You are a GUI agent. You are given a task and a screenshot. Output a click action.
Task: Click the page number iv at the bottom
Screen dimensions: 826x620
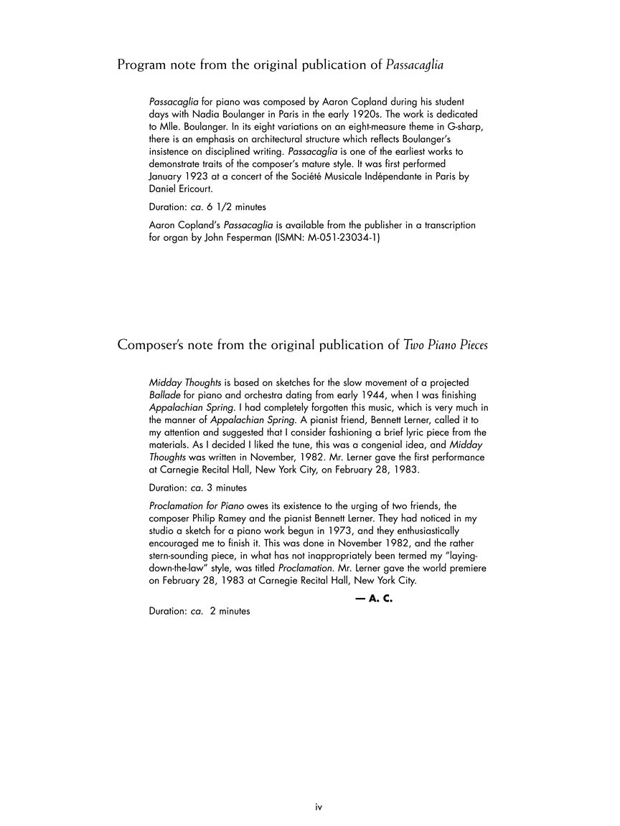pyautogui.click(x=319, y=807)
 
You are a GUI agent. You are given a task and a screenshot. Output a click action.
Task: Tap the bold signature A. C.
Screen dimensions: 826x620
pyautogui.click(x=373, y=599)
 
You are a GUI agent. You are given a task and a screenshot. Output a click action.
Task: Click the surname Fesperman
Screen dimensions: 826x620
pyautogui.click(x=244, y=237)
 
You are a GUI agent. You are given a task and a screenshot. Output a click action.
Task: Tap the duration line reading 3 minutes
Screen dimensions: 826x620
pyautogui.click(x=197, y=488)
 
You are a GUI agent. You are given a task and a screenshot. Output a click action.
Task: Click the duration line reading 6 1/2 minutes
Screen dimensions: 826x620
pyautogui.click(x=207, y=207)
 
